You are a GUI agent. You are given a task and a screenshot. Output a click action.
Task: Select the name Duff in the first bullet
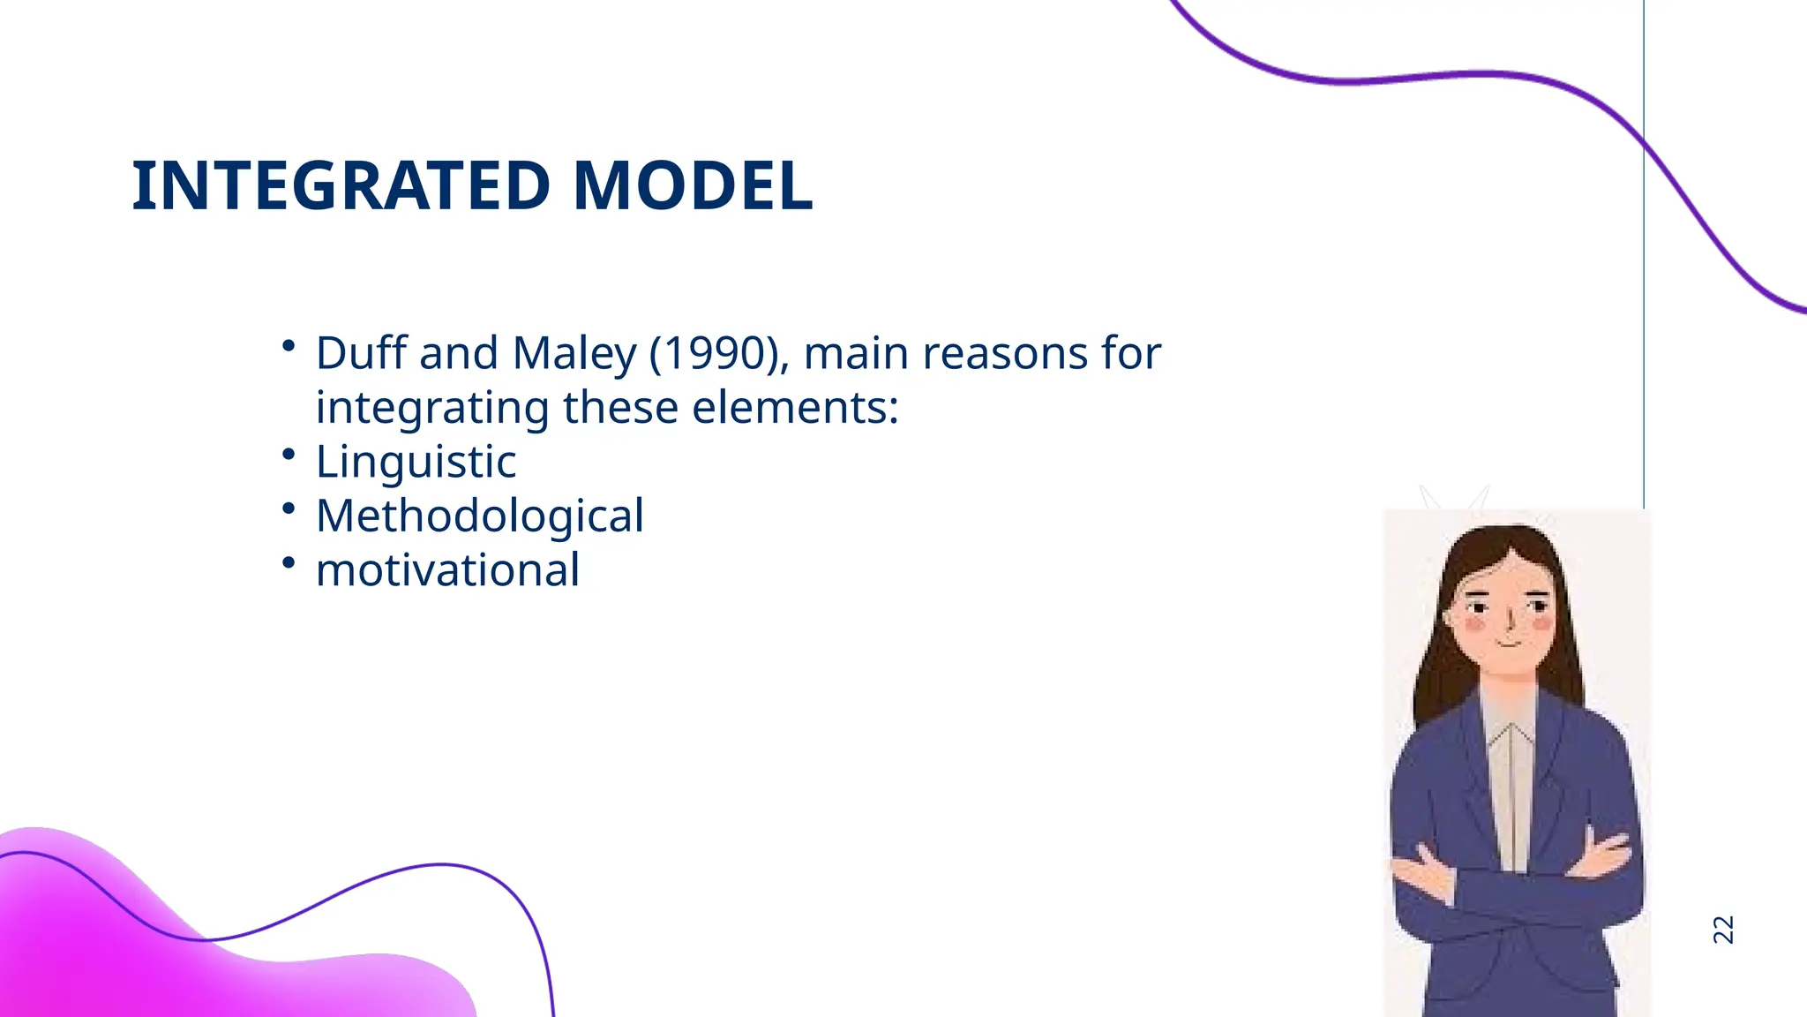(362, 353)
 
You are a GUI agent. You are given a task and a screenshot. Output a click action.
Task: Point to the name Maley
(574, 353)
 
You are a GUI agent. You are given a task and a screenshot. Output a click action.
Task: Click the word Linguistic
(416, 462)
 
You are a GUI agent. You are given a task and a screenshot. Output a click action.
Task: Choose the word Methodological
(480, 516)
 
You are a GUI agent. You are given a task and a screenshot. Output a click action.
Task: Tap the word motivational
(447, 570)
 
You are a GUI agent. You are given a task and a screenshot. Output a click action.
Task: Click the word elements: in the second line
(795, 408)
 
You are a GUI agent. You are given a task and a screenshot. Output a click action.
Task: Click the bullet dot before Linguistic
(289, 454)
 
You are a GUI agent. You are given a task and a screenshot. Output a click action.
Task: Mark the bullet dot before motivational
(289, 562)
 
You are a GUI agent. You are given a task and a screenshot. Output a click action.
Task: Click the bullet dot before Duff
(289, 346)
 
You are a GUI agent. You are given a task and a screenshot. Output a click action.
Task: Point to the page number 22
(1722, 930)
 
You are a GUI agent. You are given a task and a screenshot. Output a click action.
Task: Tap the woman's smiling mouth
(1510, 644)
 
